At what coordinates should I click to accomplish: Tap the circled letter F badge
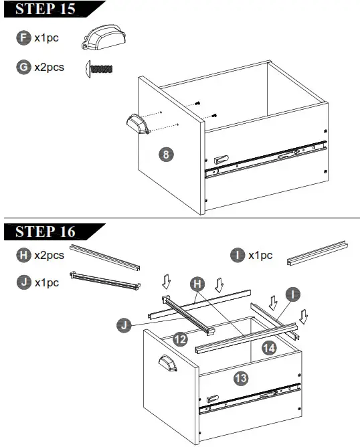(24, 38)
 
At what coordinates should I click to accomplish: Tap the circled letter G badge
(24, 67)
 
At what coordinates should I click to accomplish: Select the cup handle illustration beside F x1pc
(100, 38)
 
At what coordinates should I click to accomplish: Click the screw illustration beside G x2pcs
(99, 68)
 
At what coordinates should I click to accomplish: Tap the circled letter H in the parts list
(24, 255)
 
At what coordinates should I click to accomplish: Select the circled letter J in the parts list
(24, 282)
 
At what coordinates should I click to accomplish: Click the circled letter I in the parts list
(237, 255)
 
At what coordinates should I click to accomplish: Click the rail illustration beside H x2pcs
(105, 256)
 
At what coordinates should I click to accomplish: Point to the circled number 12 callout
(179, 339)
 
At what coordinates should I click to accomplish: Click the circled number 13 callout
(242, 378)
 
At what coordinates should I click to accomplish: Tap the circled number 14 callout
(269, 347)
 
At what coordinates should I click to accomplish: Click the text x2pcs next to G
(50, 67)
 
